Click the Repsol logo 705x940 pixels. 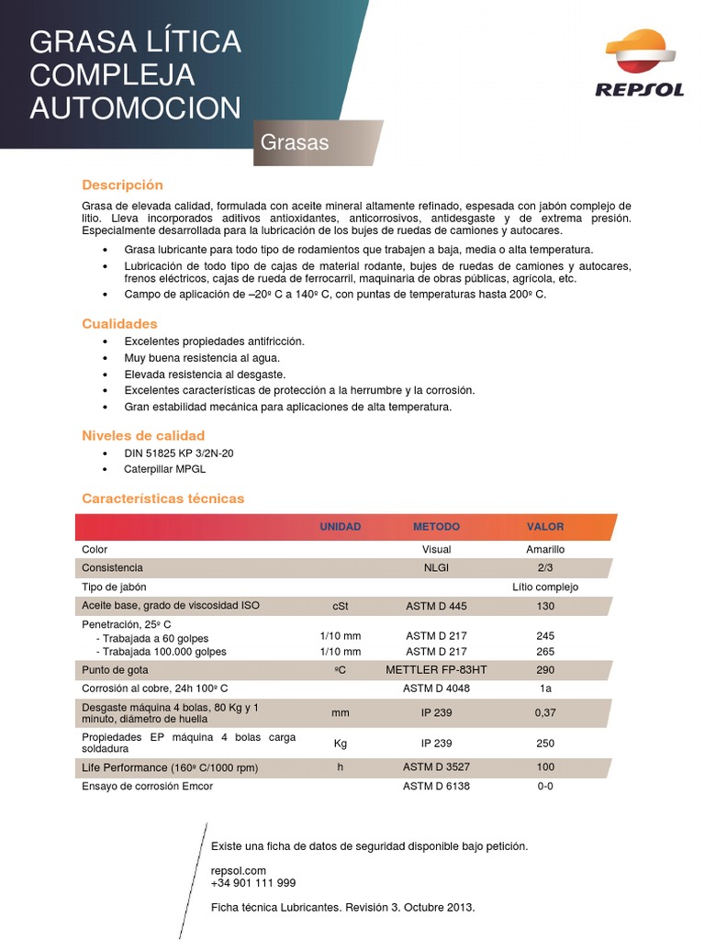tap(640, 63)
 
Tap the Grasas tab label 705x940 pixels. tap(295, 143)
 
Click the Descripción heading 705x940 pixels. tap(122, 185)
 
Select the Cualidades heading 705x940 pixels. tap(119, 323)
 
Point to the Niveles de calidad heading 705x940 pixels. tap(143, 435)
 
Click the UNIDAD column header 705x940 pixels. tap(340, 527)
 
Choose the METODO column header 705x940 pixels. tap(436, 527)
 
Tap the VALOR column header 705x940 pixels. tap(545, 527)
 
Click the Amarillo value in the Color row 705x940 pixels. tap(545, 549)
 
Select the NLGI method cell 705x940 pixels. tap(436, 567)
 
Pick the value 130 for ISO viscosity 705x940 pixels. tap(545, 606)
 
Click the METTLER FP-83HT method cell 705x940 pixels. tap(436, 670)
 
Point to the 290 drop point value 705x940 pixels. tap(545, 670)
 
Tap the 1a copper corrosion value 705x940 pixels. tap(545, 688)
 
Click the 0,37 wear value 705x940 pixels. tap(545, 712)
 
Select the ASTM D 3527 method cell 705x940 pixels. tap(436, 767)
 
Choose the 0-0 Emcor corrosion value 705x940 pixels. tap(545, 786)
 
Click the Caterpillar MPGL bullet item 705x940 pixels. tap(165, 468)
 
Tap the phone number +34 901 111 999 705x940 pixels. tap(253, 883)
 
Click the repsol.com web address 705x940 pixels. tap(238, 870)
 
